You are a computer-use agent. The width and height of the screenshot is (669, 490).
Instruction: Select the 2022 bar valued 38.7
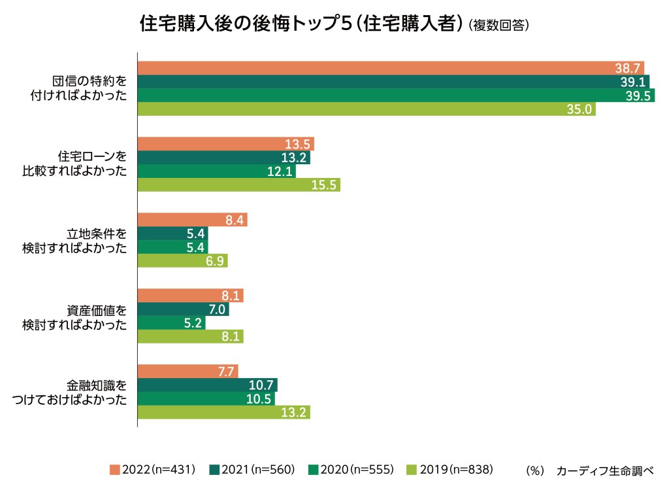click(391, 68)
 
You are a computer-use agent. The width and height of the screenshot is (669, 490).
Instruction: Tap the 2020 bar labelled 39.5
click(396, 96)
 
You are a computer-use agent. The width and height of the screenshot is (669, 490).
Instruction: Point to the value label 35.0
click(581, 109)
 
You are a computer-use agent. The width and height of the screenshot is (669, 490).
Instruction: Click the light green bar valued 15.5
click(239, 185)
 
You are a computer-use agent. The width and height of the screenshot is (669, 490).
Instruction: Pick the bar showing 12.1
click(216, 171)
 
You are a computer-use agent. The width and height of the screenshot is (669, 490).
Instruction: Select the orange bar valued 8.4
click(192, 220)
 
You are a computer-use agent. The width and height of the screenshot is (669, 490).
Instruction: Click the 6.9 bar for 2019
click(182, 261)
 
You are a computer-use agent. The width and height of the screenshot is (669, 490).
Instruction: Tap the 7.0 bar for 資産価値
click(183, 309)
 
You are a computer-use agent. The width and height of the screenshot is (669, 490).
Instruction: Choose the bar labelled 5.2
click(171, 323)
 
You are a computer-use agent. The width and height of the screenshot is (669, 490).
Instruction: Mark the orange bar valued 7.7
click(188, 371)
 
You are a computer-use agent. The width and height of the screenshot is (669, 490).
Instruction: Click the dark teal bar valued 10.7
click(207, 385)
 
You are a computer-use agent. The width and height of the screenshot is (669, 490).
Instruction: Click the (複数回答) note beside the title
click(498, 26)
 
